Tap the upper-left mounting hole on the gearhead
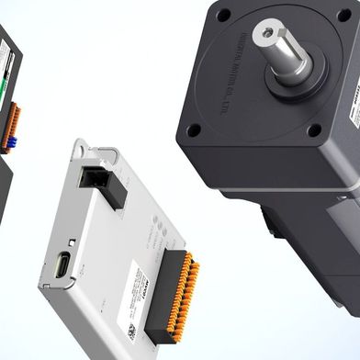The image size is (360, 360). tap(223, 15)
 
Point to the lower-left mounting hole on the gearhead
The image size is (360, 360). tap(194, 129)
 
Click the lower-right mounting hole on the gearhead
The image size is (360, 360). tap(314, 130)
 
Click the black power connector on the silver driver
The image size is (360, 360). tap(102, 183)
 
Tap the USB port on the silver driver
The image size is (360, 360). tap(62, 264)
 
